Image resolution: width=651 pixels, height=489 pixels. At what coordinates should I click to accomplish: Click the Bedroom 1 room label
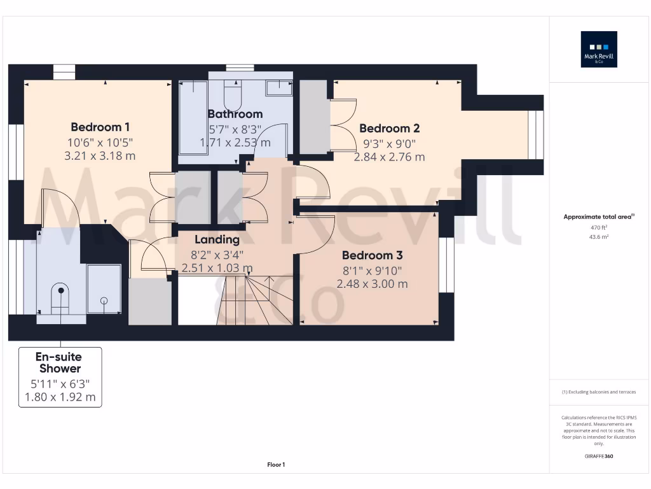[100, 127]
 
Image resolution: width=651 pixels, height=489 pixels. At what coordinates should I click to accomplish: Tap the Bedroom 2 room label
[389, 128]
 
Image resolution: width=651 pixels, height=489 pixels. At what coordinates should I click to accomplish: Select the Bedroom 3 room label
[372, 255]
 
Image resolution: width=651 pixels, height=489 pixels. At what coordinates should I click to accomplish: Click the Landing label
[217, 239]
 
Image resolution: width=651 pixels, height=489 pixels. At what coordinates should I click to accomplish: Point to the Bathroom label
[235, 114]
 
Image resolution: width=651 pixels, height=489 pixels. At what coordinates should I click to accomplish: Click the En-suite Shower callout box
[60, 377]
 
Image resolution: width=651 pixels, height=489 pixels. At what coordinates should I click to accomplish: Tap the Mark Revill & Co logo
[599, 49]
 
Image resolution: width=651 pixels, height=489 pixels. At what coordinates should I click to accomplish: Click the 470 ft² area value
[599, 227]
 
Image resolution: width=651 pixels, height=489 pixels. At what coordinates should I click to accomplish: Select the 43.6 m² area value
[599, 237]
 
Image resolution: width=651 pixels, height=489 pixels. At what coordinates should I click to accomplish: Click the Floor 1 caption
[276, 465]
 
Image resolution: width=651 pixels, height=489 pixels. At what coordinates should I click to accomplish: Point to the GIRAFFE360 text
[599, 457]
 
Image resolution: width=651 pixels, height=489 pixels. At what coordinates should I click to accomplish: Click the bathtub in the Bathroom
[193, 118]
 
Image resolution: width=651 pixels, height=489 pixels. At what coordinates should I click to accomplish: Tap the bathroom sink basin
[278, 88]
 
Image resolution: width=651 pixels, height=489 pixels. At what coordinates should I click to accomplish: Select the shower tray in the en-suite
[104, 288]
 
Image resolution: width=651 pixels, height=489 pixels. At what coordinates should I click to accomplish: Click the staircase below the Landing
[254, 299]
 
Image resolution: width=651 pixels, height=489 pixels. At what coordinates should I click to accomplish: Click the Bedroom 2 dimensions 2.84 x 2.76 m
[389, 157]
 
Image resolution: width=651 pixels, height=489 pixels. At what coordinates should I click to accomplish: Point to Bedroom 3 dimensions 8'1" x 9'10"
[372, 270]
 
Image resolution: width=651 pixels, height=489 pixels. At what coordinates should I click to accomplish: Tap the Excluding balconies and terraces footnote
[599, 392]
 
